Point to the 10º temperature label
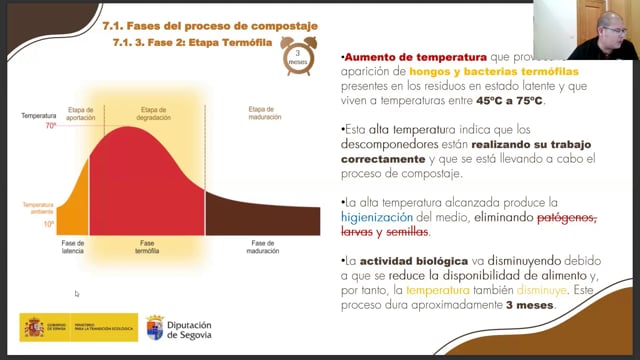point(49,224)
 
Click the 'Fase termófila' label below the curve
point(148,247)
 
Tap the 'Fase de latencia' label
point(73,247)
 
